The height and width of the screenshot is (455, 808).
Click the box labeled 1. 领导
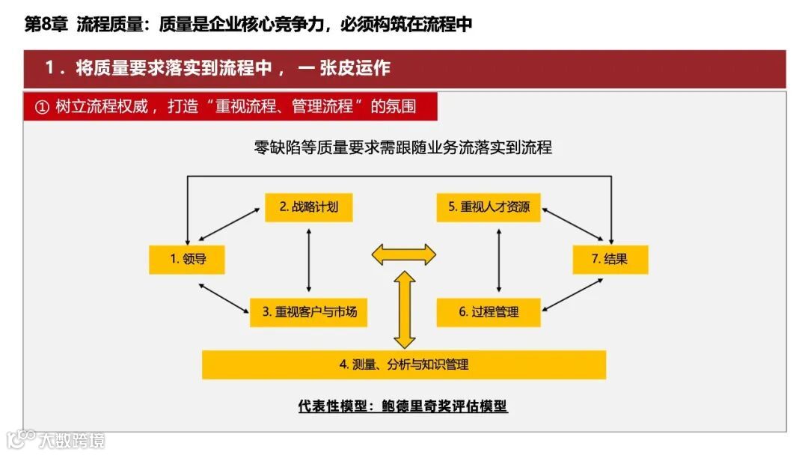click(187, 259)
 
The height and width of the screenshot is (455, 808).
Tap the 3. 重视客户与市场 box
click(309, 311)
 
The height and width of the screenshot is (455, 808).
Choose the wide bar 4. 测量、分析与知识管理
click(404, 364)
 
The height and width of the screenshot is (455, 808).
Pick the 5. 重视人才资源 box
click(489, 207)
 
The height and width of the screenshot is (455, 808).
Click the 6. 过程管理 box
click(489, 311)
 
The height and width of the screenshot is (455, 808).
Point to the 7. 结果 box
click(610, 259)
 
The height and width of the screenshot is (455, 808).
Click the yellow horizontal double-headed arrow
click(404, 254)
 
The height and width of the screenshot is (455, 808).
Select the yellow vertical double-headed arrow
click(405, 310)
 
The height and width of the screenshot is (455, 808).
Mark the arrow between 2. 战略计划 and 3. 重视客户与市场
click(309, 259)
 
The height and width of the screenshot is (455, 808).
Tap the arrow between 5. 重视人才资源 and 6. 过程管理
click(499, 259)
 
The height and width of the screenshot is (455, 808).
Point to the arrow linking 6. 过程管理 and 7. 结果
click(573, 295)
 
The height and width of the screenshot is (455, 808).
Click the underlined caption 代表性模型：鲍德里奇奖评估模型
click(403, 406)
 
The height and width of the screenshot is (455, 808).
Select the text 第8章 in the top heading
click(46, 25)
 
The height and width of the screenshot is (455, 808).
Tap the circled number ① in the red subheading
click(42, 106)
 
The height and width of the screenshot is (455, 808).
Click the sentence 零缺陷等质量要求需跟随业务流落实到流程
click(403, 147)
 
